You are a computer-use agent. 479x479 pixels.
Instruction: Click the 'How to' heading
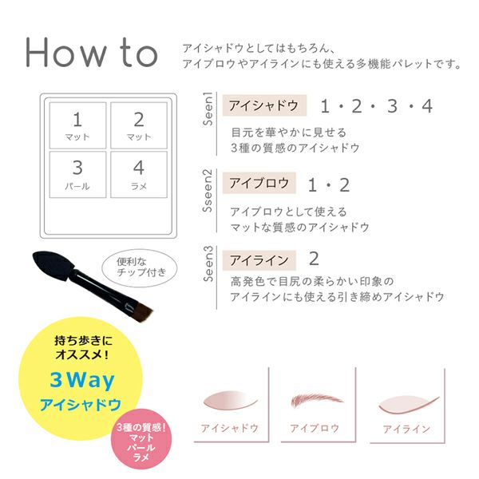click(x=91, y=53)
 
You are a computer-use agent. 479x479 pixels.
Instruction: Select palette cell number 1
click(x=77, y=125)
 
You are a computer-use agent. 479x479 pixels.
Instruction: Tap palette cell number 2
click(x=139, y=125)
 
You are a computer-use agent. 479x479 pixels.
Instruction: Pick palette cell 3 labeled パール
click(x=77, y=174)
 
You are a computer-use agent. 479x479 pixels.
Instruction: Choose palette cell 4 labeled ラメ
click(x=139, y=174)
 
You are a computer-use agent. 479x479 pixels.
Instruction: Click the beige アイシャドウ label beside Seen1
click(x=264, y=105)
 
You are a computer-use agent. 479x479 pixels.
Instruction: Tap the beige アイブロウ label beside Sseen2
click(x=259, y=183)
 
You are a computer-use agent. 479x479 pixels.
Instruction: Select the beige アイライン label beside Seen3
click(x=259, y=260)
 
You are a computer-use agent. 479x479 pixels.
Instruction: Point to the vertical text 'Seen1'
click(x=208, y=109)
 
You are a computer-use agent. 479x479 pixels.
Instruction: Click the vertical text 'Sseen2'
click(x=208, y=191)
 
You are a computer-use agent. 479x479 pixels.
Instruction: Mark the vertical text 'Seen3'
click(x=208, y=264)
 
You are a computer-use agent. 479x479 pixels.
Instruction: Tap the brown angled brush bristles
click(x=142, y=312)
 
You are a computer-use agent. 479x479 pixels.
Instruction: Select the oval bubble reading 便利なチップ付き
click(x=139, y=268)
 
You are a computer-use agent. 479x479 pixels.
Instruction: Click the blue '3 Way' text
click(x=82, y=380)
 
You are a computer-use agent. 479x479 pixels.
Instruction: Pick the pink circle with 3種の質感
click(x=141, y=439)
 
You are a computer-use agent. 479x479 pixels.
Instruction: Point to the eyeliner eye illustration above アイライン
click(x=409, y=405)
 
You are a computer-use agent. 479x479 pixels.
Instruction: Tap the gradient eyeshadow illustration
click(x=231, y=400)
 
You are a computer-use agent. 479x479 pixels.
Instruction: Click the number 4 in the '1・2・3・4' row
click(x=427, y=106)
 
